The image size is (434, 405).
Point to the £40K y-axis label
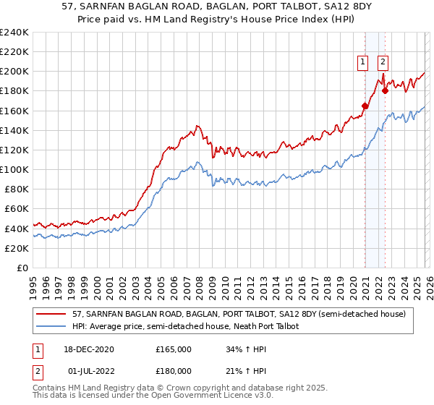[15, 229]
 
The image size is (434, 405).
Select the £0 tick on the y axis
[22, 268]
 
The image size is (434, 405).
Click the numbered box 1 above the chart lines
[362, 62]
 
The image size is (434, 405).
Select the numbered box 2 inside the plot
[383, 62]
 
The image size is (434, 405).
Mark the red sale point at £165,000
[365, 106]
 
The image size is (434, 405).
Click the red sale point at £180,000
[385, 91]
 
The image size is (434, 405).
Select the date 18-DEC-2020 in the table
[88, 349]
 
